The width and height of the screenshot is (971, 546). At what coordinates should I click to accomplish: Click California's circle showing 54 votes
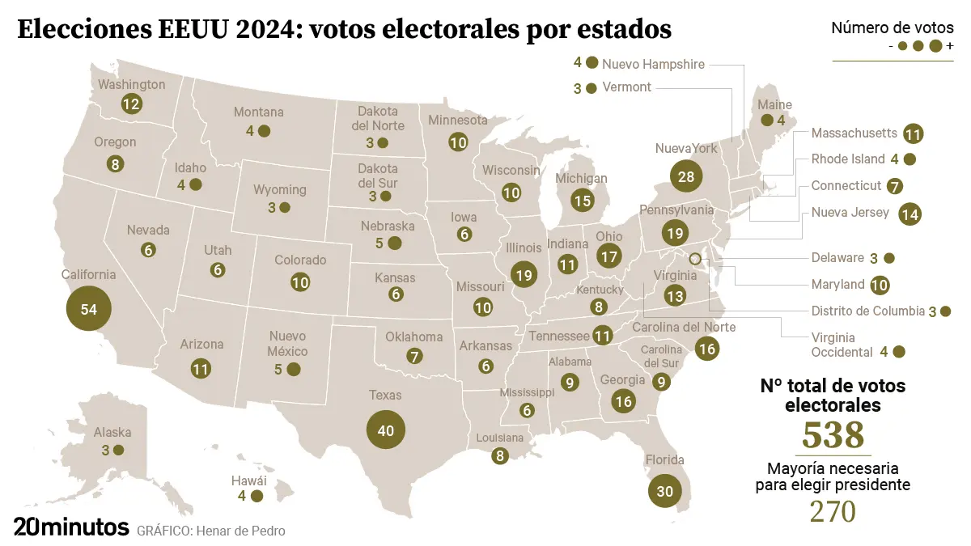[89, 309]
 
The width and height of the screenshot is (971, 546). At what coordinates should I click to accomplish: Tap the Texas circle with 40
[385, 430]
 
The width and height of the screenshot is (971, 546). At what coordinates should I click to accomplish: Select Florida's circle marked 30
[664, 491]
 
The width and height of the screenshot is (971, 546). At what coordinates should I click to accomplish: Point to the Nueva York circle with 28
[687, 176]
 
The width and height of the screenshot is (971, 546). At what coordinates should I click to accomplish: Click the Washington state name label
[131, 84]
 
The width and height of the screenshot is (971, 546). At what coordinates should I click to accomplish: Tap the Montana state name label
[259, 112]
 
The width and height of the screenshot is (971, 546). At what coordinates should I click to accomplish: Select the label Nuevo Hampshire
[654, 64]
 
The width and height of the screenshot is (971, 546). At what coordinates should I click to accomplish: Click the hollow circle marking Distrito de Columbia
[694, 259]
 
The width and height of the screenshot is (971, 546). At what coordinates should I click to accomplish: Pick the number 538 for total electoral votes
[833, 435]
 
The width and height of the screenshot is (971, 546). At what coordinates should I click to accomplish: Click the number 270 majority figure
[833, 511]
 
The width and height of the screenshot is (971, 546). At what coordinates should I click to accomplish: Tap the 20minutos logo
[71, 527]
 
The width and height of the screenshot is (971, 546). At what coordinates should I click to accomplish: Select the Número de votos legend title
[893, 28]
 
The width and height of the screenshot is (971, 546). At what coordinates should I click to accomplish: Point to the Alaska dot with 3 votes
[118, 450]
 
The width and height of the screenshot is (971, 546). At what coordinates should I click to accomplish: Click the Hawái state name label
[251, 480]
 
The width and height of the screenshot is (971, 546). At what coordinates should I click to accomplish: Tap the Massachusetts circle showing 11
[914, 134]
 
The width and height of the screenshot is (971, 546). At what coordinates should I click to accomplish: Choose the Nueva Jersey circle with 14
[910, 214]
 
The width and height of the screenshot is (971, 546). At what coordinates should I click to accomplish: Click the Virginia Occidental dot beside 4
[898, 352]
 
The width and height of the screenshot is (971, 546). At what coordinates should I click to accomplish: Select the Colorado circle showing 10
[300, 282]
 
